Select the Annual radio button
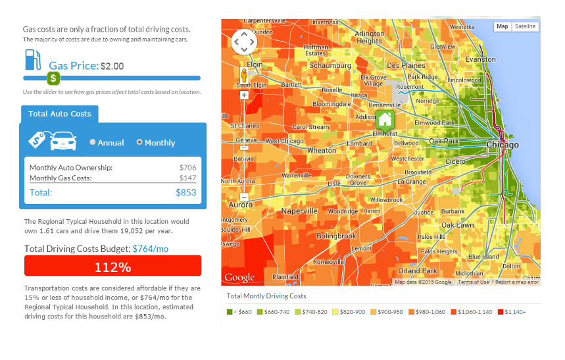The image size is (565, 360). tap(93, 142)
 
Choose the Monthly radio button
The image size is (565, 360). tap(139, 142)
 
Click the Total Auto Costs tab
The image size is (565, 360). tap(60, 114)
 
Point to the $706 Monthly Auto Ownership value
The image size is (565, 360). tap(187, 168)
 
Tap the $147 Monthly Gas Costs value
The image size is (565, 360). tap(187, 178)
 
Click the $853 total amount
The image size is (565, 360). tap(185, 193)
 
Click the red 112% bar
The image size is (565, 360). tap(112, 267)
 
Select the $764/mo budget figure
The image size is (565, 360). tap(151, 249)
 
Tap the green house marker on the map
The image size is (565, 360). tap(385, 120)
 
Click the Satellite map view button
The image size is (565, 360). tap(525, 27)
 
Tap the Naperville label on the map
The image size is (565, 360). tap(299, 211)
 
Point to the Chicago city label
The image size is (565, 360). tap(503, 145)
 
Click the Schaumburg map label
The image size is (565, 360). tap(330, 66)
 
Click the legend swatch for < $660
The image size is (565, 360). tap(230, 311)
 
